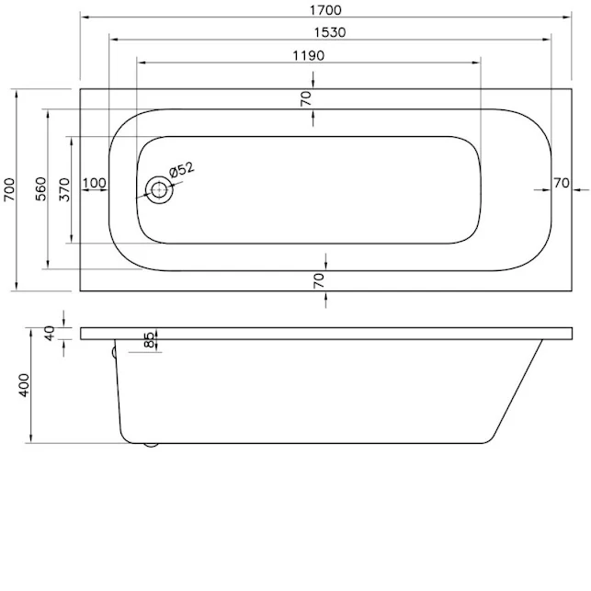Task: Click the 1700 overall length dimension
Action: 328,10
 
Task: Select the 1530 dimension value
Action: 328,32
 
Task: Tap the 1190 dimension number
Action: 309,54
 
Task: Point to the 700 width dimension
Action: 10,188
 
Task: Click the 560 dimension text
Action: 40,188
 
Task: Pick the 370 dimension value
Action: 64,188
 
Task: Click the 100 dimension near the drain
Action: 94,183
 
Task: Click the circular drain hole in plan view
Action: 160,190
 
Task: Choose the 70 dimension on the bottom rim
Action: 317,280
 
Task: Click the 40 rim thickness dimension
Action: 51,333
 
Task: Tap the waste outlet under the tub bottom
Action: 151,446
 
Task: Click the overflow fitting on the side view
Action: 113,350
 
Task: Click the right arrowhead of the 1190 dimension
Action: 477,62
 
